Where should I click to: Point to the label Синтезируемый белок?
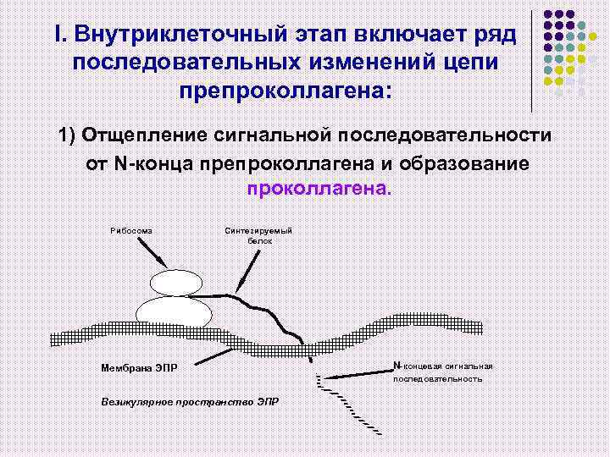point(259,235)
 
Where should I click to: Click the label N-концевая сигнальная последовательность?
point(441,372)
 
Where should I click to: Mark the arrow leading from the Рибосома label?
point(152,251)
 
